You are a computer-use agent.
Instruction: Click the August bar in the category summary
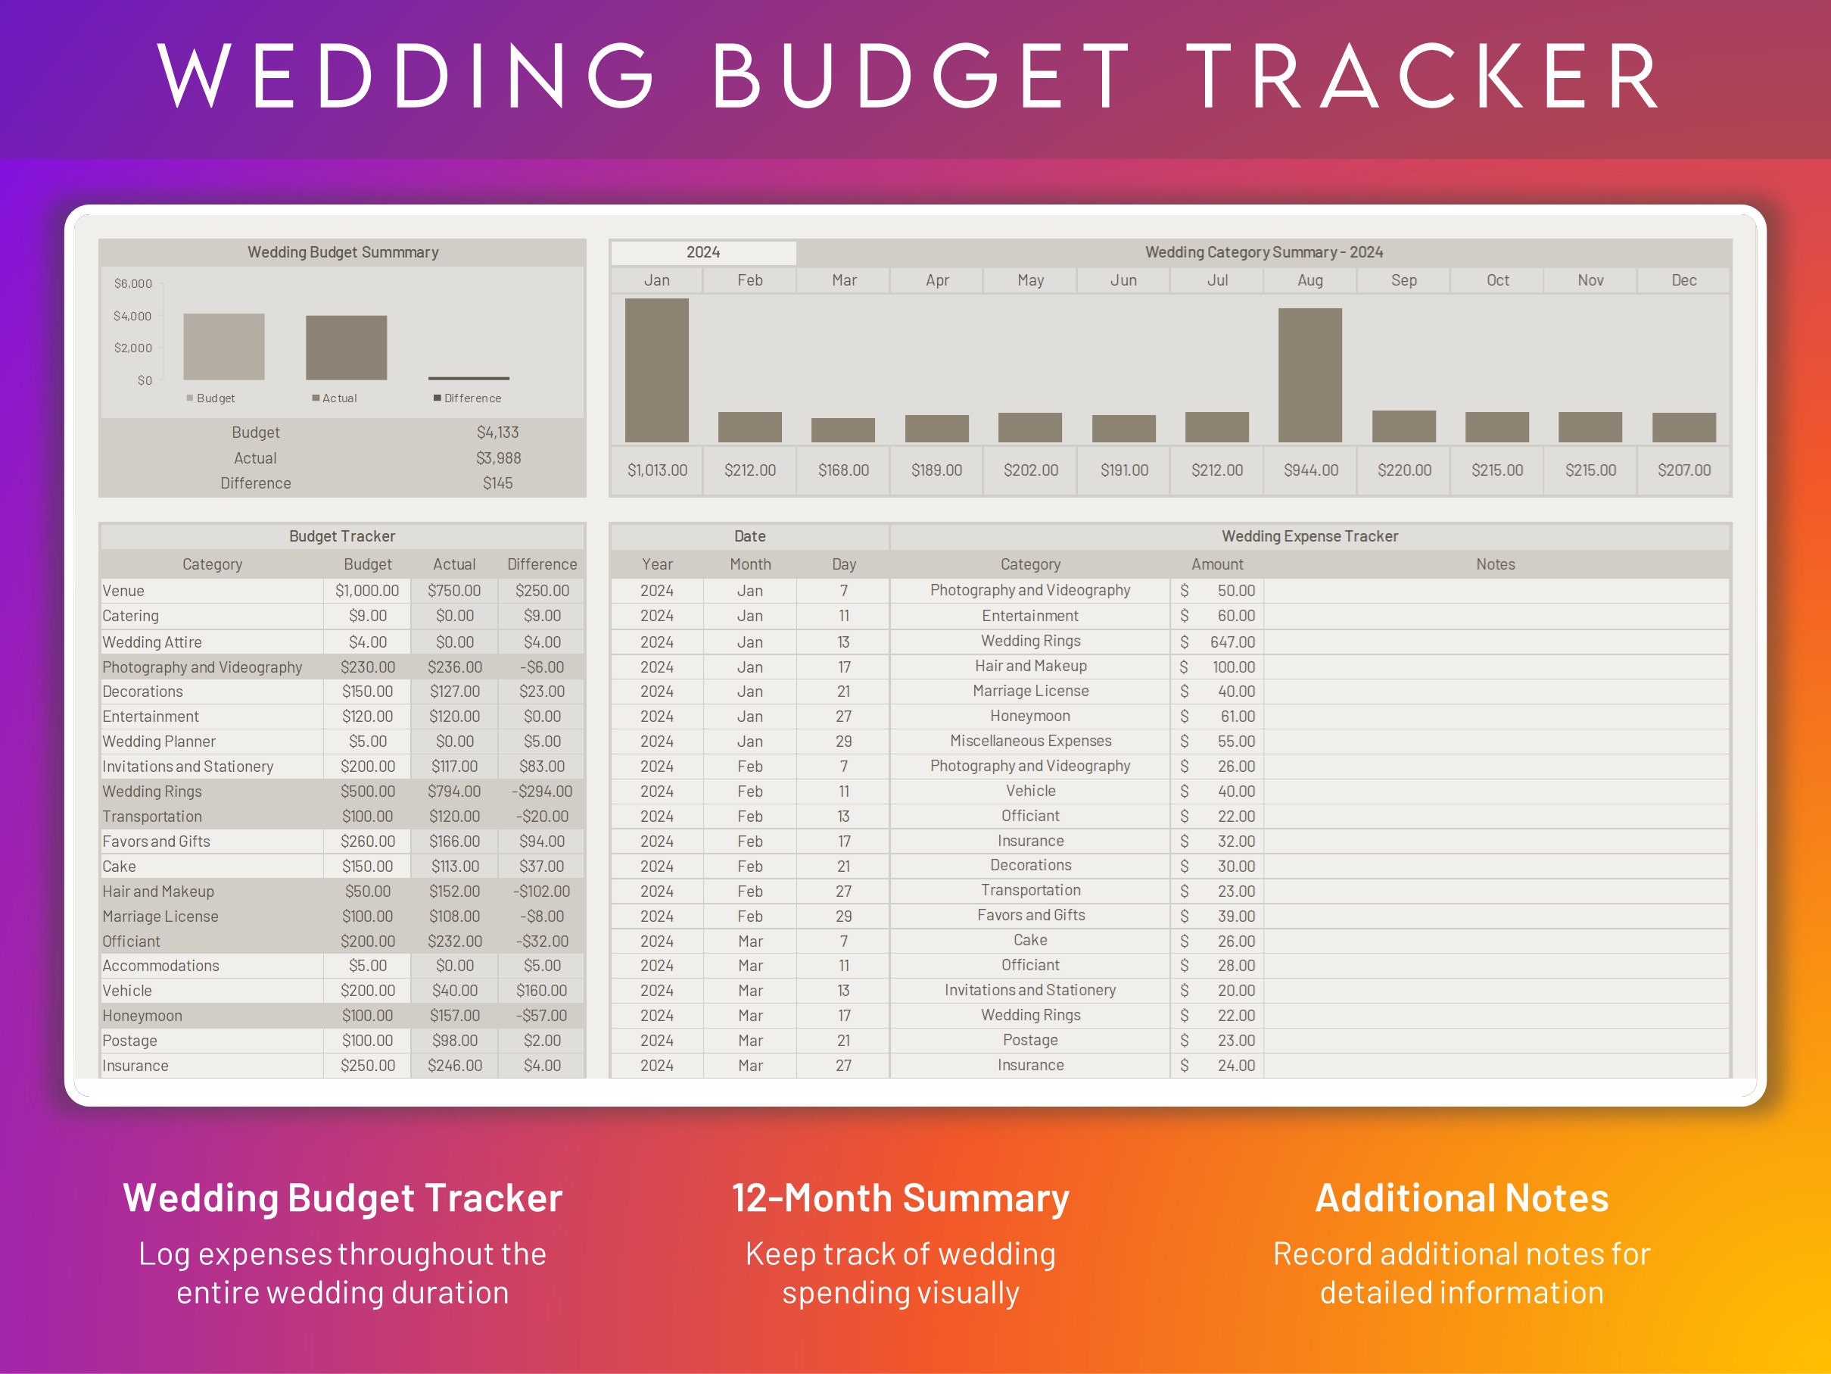pos(1309,375)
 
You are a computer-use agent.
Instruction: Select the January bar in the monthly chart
pos(656,370)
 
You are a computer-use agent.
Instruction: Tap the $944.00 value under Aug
pos(1310,470)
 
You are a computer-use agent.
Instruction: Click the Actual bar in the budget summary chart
pos(346,348)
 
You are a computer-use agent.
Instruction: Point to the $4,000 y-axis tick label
pos(132,316)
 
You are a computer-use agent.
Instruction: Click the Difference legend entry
pos(468,398)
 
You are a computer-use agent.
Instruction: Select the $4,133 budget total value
pos(497,432)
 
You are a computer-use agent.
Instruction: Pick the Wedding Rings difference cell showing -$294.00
pos(541,791)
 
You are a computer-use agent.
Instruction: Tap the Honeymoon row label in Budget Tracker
pos(142,1016)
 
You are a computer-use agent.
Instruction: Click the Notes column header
pos(1495,564)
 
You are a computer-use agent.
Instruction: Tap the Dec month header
pos(1683,280)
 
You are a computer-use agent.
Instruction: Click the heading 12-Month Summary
pos(900,1198)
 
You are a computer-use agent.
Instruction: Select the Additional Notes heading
pos(1461,1198)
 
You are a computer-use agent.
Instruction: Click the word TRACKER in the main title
pos(1424,77)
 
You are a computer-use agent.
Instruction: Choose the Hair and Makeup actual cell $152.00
pos(454,892)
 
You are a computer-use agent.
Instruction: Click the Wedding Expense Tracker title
pos(1309,536)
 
